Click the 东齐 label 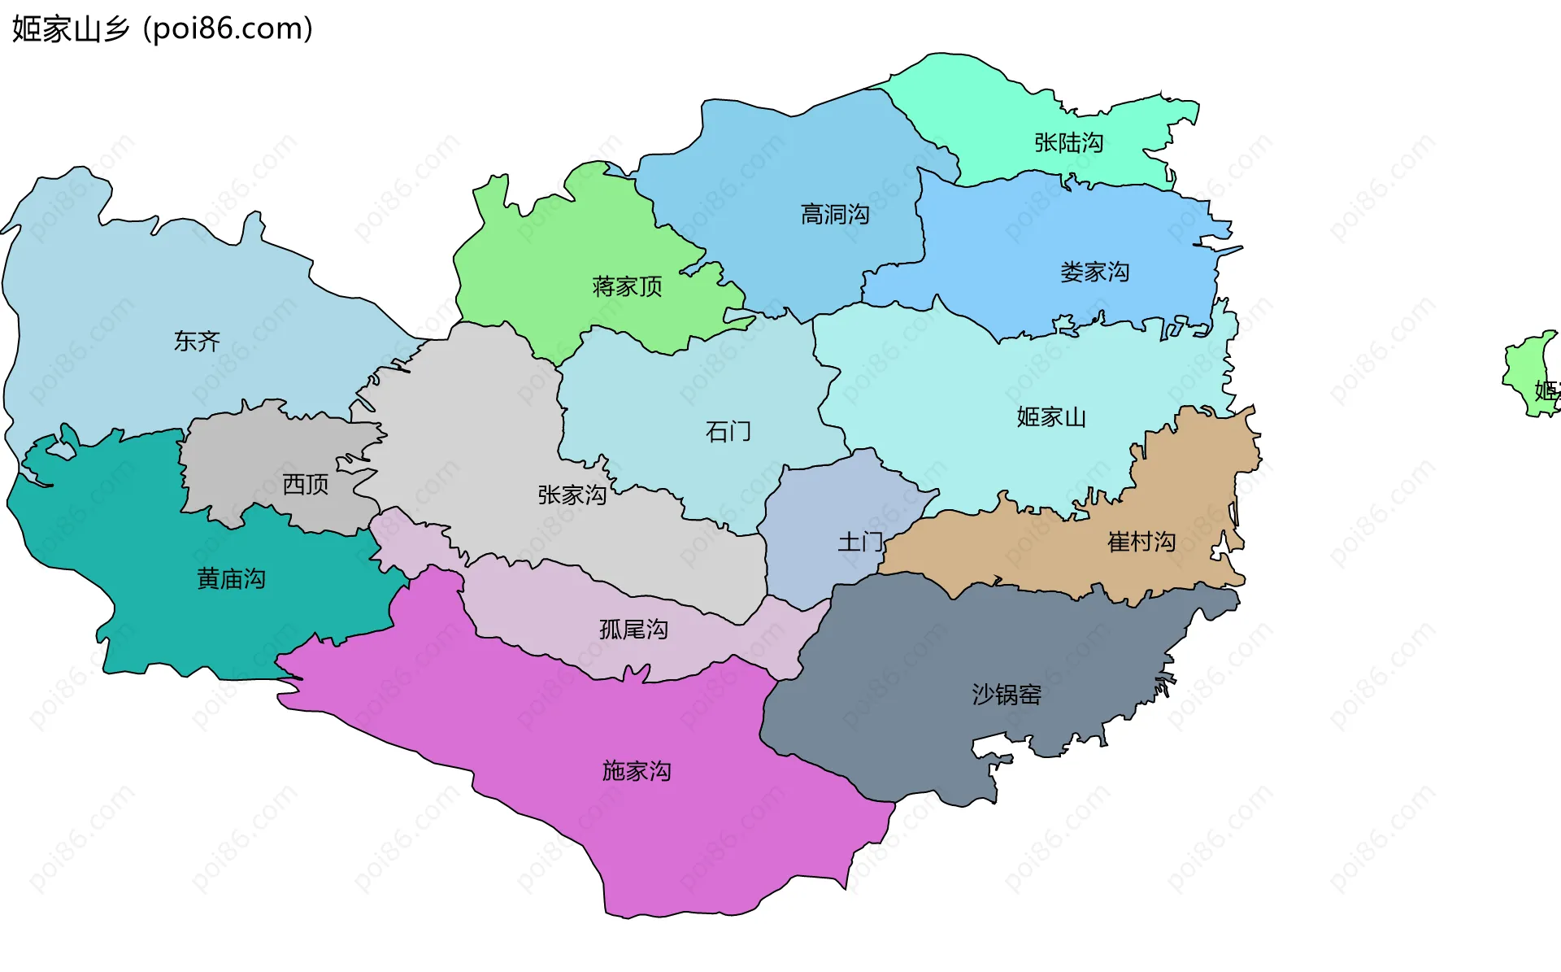point(197,341)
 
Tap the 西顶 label point(305,485)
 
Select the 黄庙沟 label point(231,579)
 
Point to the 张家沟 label point(572,495)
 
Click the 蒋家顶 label point(627,286)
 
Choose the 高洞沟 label point(835,215)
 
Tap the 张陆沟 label point(1068,143)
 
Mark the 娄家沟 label point(1094,272)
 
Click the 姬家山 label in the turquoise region point(1050,417)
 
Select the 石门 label point(728,431)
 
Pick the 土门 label point(859,542)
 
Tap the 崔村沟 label point(1141,542)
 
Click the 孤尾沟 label point(633,630)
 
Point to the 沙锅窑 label point(1007,694)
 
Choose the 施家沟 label point(637,770)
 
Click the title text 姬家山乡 point(71,29)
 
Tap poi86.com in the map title point(228,29)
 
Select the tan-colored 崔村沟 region point(1195,488)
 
